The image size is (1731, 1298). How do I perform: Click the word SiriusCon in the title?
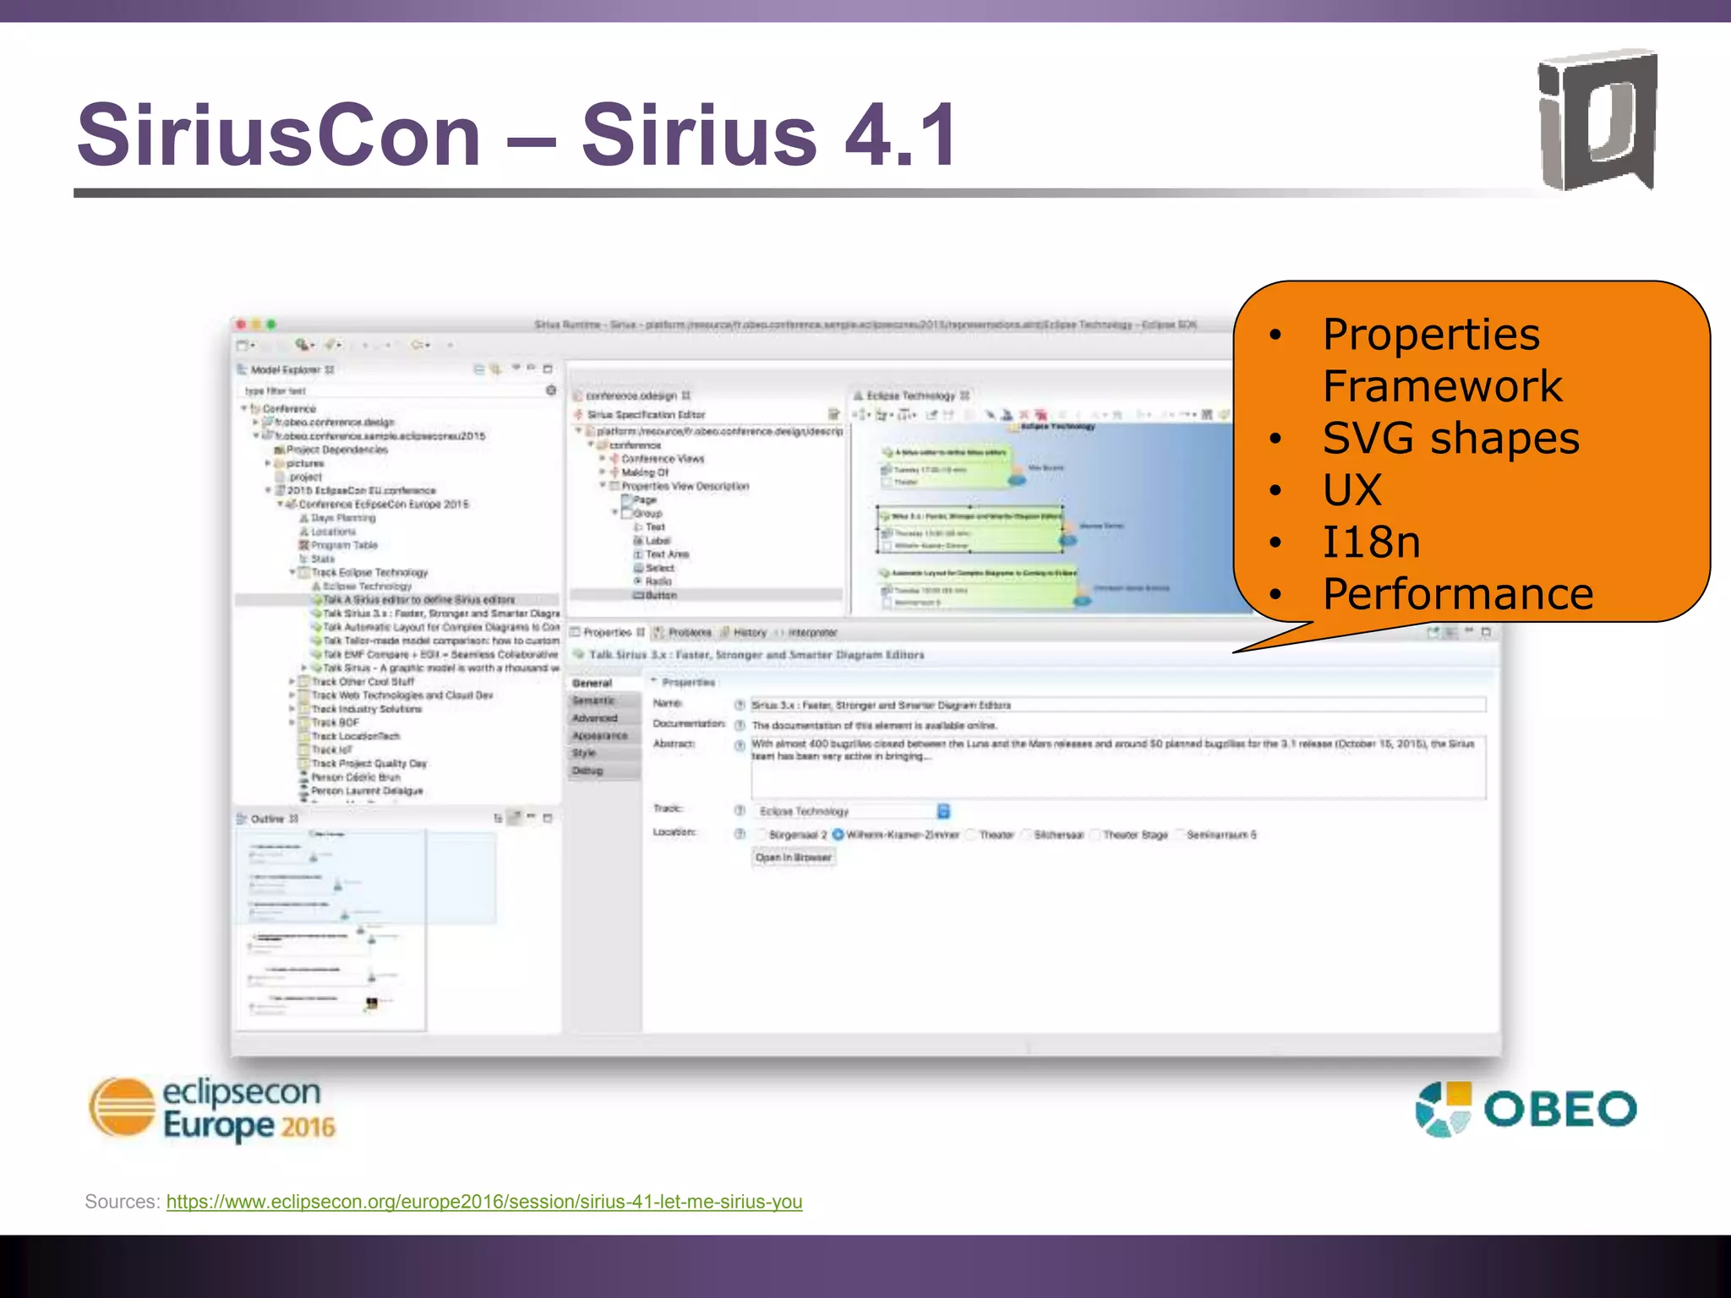(279, 135)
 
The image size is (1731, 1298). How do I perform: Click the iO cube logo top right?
(1596, 120)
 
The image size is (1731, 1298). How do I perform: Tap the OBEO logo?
(1526, 1109)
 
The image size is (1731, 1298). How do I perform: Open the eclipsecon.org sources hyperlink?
(483, 1202)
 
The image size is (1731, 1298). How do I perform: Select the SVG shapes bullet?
(1450, 439)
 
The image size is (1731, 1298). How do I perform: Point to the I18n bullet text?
(1371, 543)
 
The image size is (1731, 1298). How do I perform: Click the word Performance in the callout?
(1458, 594)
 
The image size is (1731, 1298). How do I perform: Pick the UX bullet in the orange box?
(1352, 490)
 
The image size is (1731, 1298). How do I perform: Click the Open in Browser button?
(793, 858)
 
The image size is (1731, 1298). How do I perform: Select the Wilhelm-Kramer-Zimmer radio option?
(901, 835)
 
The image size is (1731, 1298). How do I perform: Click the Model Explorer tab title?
(285, 370)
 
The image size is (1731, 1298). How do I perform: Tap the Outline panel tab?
(268, 819)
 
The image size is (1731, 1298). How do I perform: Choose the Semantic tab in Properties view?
(594, 701)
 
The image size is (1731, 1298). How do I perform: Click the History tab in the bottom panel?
(749, 633)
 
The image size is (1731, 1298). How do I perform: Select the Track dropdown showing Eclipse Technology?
(852, 811)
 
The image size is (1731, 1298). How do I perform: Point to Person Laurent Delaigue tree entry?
(366, 791)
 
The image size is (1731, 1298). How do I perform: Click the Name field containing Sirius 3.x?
(1116, 705)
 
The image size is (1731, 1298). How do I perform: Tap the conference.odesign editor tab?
(631, 395)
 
